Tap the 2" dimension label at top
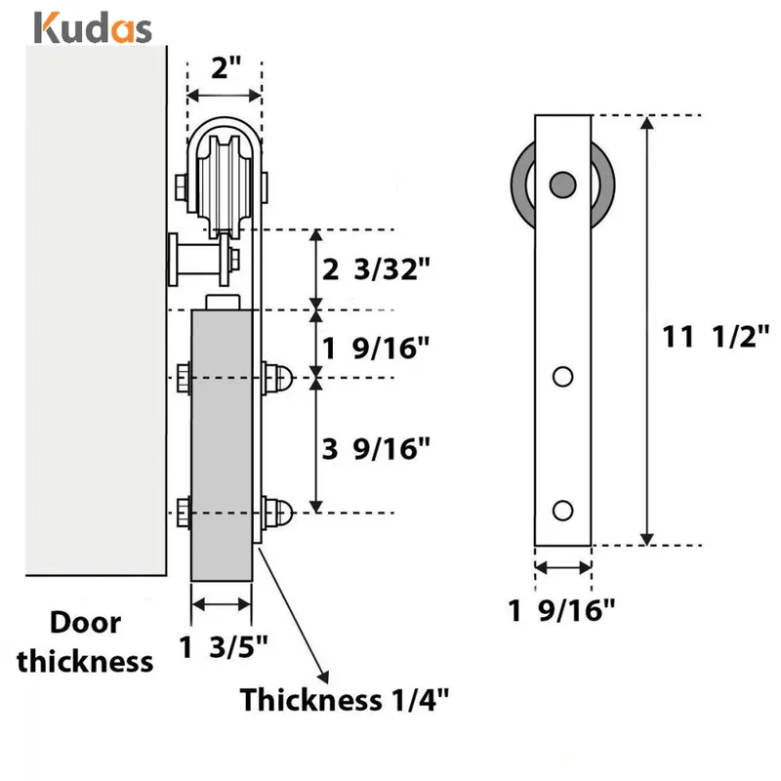click(226, 69)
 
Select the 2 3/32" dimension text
click(376, 270)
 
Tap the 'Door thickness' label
click(87, 642)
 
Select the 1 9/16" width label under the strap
click(562, 612)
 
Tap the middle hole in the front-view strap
click(562, 376)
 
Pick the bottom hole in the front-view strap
click(562, 510)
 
